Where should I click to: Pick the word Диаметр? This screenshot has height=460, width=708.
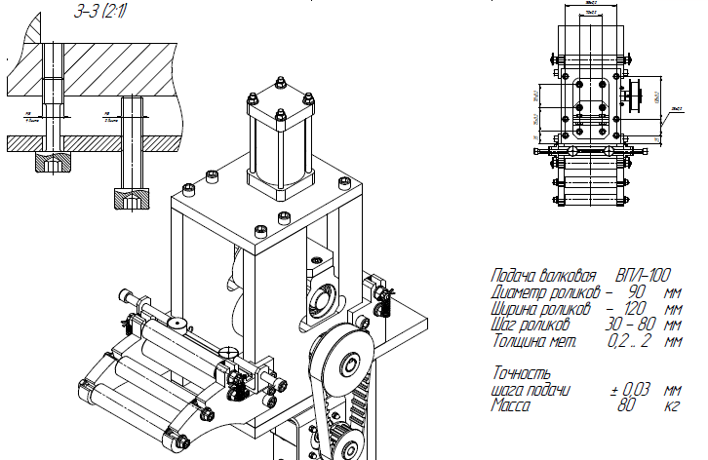[x=523, y=291]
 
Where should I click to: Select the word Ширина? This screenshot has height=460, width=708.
[x=519, y=308]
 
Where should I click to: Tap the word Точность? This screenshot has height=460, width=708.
[x=522, y=373]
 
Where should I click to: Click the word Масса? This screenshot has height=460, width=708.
[x=511, y=405]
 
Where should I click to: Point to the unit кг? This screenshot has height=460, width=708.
[x=671, y=405]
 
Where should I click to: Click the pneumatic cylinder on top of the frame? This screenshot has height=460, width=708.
[x=281, y=146]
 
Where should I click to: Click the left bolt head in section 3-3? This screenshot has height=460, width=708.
[x=51, y=162]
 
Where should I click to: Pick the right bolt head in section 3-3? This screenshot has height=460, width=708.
[x=133, y=198]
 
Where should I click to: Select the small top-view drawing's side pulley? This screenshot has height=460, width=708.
[x=635, y=98]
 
